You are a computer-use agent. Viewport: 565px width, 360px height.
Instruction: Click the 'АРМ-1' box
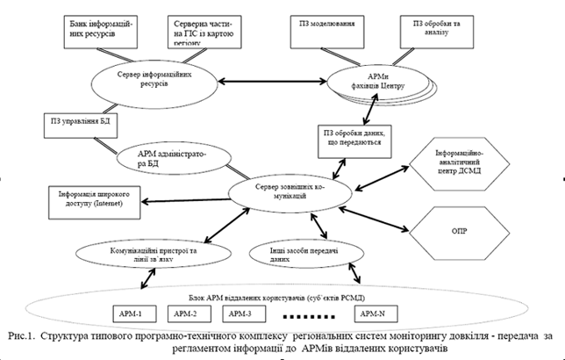pyautogui.click(x=136, y=313)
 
